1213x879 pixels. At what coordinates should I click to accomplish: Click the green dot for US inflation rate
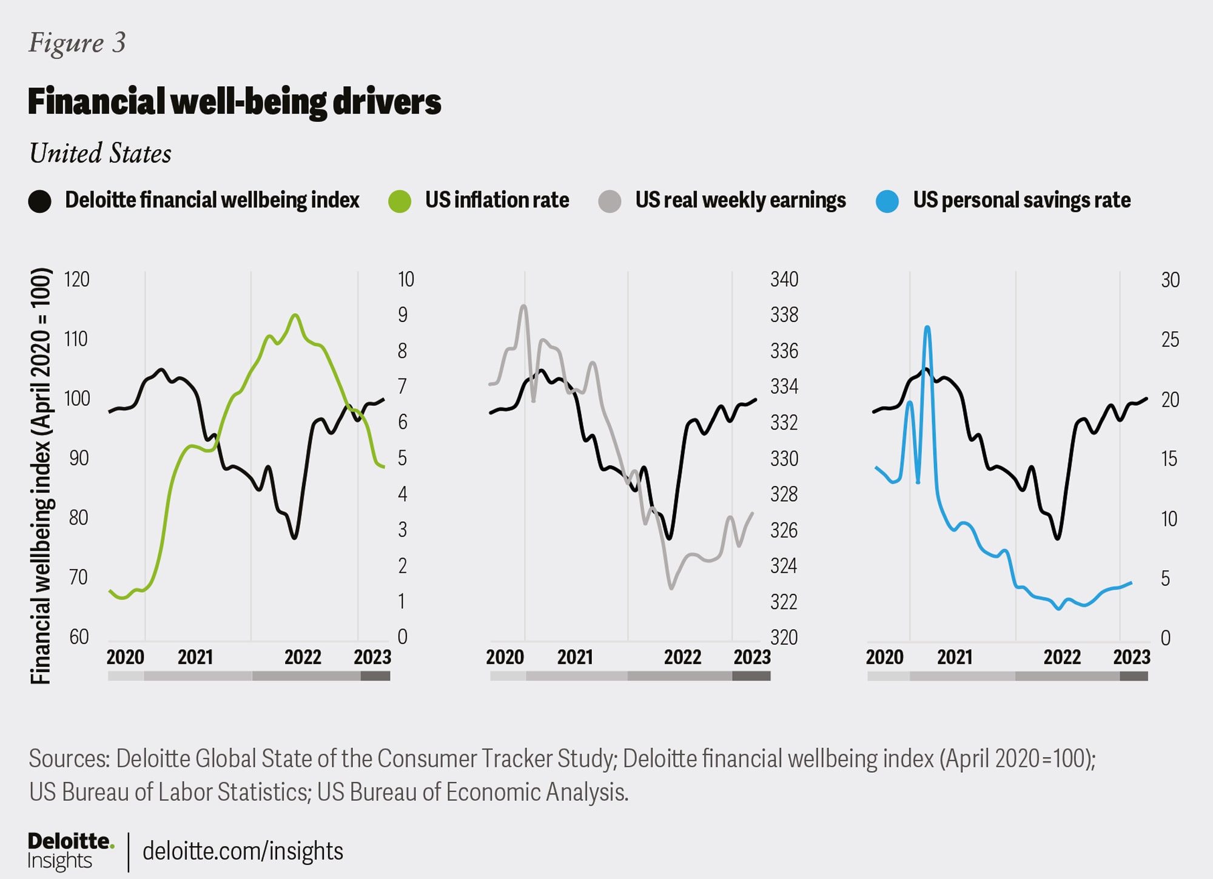[x=400, y=201]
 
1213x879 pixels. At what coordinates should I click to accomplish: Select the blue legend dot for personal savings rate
[x=887, y=201]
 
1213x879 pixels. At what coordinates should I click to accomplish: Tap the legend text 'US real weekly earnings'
[x=740, y=200]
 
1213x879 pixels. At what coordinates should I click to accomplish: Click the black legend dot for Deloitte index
[x=39, y=201]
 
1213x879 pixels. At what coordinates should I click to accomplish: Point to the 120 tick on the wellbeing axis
[x=77, y=280]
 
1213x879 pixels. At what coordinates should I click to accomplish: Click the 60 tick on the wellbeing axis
[x=79, y=637]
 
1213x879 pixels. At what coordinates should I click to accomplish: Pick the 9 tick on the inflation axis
[x=402, y=315]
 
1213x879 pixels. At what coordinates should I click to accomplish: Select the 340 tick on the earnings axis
[x=784, y=280]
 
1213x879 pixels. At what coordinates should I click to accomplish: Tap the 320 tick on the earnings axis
[x=784, y=637]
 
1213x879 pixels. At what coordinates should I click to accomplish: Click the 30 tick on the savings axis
[x=1170, y=280]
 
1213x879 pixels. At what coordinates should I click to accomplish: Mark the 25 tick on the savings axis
[x=1170, y=339]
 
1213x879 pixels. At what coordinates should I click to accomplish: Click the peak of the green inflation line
[x=295, y=315]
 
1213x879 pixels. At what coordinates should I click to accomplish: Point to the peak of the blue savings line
[x=927, y=327]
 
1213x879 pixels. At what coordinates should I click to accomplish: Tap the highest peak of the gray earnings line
[x=524, y=306]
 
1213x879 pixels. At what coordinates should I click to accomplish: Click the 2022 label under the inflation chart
[x=303, y=657]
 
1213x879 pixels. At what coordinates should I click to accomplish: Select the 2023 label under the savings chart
[x=1131, y=657]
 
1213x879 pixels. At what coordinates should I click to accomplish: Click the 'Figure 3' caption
[x=77, y=43]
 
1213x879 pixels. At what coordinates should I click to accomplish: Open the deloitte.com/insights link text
[x=243, y=851]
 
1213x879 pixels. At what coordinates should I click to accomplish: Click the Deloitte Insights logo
[x=70, y=850]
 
